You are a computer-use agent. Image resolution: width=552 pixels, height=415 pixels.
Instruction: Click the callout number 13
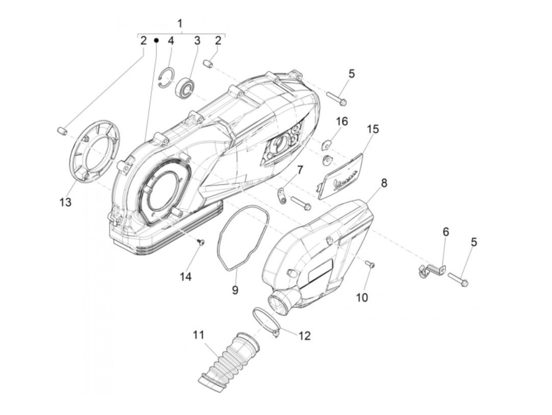(65, 202)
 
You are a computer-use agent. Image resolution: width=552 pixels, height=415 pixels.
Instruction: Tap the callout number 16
(342, 122)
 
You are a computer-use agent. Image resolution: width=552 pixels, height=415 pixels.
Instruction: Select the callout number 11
(199, 335)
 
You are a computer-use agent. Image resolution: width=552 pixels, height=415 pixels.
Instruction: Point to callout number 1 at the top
(180, 23)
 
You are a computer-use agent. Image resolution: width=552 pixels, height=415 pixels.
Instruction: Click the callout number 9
(235, 290)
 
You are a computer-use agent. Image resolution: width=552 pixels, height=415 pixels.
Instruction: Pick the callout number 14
(186, 277)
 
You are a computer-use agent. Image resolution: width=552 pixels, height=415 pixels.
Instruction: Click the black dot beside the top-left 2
(156, 40)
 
